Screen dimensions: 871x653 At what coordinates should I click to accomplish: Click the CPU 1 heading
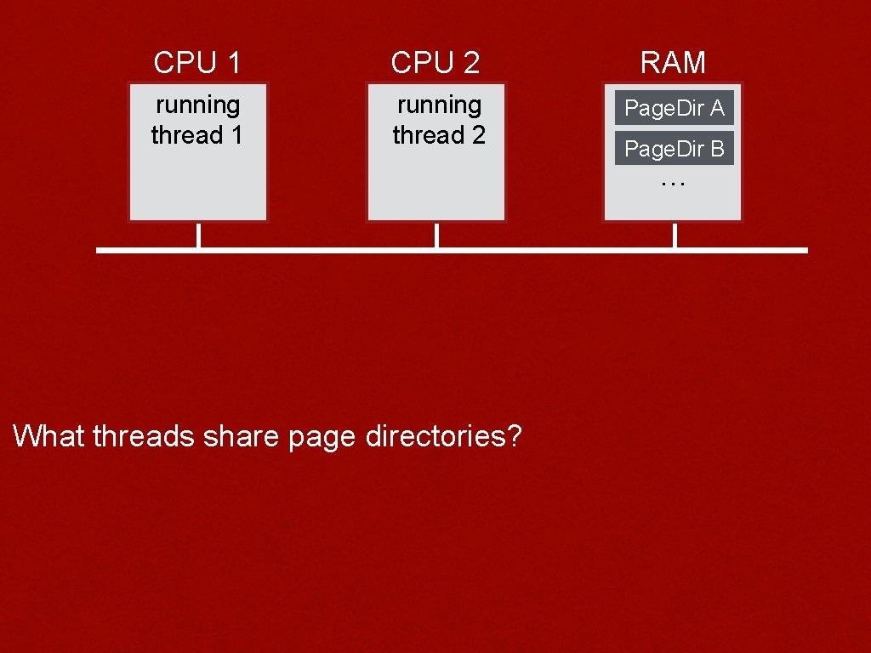197,62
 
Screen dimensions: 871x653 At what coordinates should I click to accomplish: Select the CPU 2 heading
435,62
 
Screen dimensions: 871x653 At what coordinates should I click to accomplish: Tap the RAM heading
673,62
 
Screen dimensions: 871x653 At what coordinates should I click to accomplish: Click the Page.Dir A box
674,108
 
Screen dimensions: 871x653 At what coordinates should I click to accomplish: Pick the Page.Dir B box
674,149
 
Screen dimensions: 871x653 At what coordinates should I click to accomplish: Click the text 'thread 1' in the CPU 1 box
197,134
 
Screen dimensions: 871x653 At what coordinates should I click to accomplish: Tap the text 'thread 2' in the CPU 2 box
439,134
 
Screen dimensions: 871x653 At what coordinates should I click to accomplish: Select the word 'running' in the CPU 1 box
197,105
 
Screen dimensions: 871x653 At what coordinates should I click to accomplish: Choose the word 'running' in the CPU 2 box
439,105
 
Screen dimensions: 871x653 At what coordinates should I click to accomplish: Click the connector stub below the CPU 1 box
198,236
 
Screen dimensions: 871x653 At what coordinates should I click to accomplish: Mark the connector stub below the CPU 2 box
436,236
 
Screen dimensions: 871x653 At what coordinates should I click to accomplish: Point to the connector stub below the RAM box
675,236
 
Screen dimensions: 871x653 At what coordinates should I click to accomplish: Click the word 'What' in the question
49,436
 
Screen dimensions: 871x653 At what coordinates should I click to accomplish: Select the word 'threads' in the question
144,436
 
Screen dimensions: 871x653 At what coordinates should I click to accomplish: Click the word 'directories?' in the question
443,436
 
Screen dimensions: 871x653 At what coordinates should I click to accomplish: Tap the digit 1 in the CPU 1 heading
232,62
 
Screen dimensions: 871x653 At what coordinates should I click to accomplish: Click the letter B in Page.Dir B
716,149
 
